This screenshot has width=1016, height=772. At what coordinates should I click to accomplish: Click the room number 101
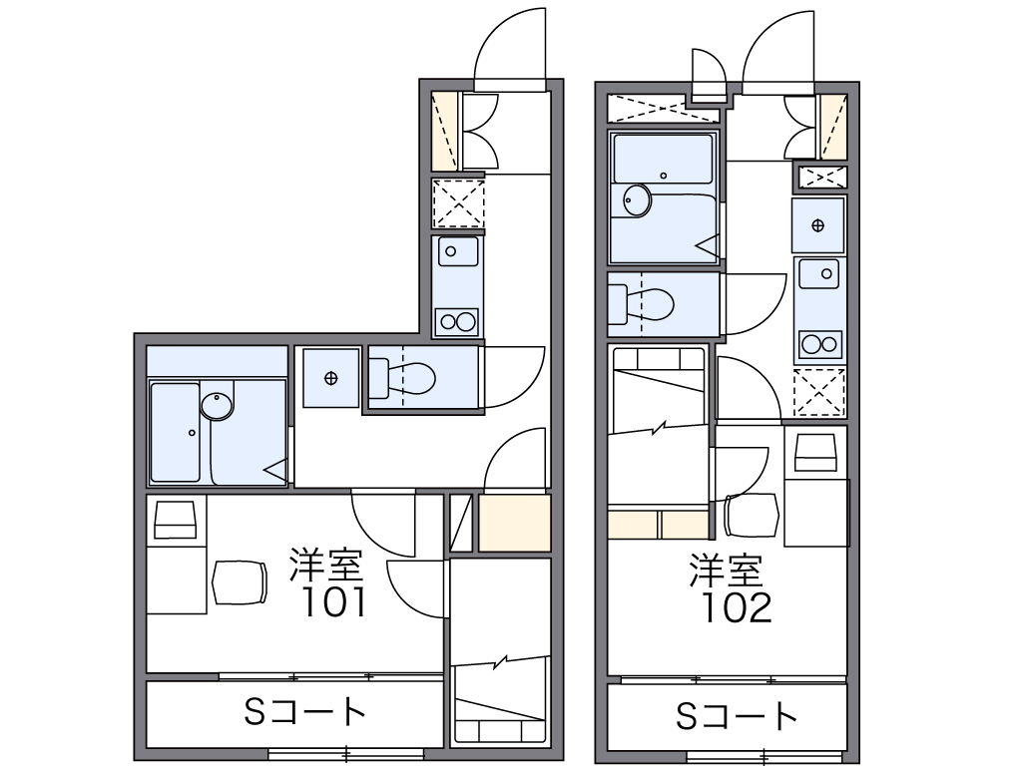334,602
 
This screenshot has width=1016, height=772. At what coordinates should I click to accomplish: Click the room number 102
738,607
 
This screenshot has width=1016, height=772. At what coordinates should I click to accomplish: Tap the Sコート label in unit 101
304,712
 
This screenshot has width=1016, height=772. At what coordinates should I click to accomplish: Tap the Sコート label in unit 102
737,716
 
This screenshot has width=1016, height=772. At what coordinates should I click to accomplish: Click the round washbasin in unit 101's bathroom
217,405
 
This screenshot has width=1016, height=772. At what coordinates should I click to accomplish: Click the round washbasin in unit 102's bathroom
638,200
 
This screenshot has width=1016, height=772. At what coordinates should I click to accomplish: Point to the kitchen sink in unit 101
458,251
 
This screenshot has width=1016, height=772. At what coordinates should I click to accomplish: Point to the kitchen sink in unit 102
819,274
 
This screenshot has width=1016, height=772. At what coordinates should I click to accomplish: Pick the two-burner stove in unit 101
457,322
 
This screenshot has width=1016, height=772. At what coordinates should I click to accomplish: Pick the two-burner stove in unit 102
820,344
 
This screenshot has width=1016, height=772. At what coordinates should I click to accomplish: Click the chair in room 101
240,582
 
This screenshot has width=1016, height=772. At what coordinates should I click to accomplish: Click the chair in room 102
751,515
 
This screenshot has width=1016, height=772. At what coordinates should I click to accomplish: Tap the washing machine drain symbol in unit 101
331,378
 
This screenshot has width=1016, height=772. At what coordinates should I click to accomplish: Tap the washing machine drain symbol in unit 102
817,225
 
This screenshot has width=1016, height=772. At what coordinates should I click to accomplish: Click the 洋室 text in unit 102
727,570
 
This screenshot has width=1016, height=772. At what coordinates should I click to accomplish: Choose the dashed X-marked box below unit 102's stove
819,392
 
